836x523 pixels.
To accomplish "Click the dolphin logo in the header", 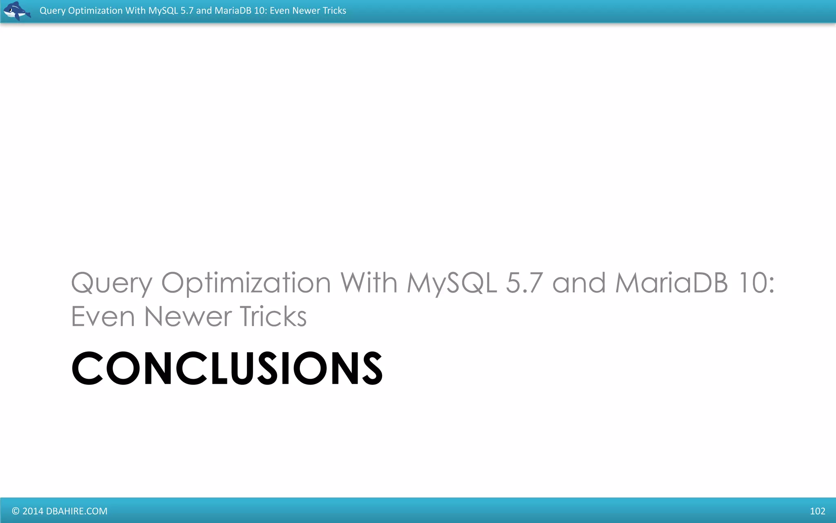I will pyautogui.click(x=16, y=11).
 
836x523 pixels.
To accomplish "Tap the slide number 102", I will pyautogui.click(x=817, y=511).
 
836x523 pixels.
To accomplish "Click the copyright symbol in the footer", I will pyautogui.click(x=16, y=511).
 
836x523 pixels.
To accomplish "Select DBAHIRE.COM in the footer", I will pyautogui.click(x=77, y=511).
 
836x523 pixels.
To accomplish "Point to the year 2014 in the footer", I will pyautogui.click(x=33, y=511).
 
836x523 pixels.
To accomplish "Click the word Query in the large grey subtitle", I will pyautogui.click(x=111, y=283).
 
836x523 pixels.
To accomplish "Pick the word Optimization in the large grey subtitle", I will pyautogui.click(x=246, y=283).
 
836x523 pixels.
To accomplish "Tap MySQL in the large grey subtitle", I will pyautogui.click(x=452, y=283).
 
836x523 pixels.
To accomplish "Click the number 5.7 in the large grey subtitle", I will pyautogui.click(x=525, y=283).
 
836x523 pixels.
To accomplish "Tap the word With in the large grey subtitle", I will pyautogui.click(x=369, y=283).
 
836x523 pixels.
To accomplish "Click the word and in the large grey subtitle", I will pyautogui.click(x=579, y=283).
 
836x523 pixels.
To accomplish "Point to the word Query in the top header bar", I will pyautogui.click(x=52, y=11).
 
